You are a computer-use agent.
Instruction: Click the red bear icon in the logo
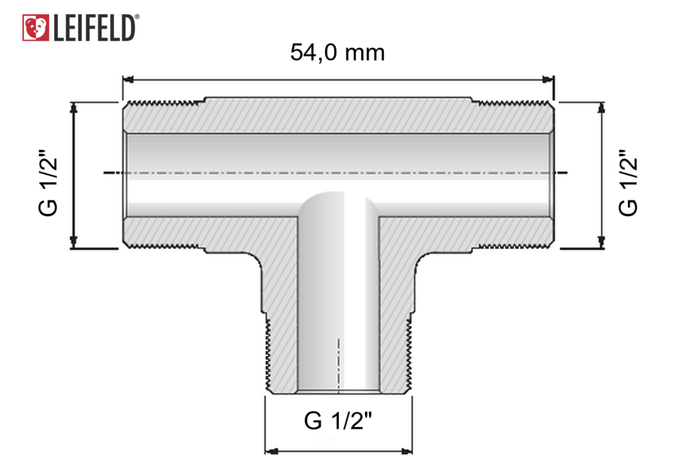coord(35,28)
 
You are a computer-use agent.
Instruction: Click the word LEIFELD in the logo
coord(94,29)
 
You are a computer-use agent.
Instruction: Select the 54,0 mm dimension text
coord(337,53)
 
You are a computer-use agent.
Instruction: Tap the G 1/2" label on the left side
coord(48,182)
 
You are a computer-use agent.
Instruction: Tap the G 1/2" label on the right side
coord(628,182)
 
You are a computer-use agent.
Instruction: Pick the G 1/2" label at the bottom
coord(337,421)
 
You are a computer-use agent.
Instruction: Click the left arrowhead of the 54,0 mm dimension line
coord(128,80)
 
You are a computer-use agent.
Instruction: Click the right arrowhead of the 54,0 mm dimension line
coord(548,80)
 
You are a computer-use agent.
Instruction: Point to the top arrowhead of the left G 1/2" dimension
coord(74,107)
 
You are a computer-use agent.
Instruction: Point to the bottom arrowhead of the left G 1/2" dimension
coord(74,243)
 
